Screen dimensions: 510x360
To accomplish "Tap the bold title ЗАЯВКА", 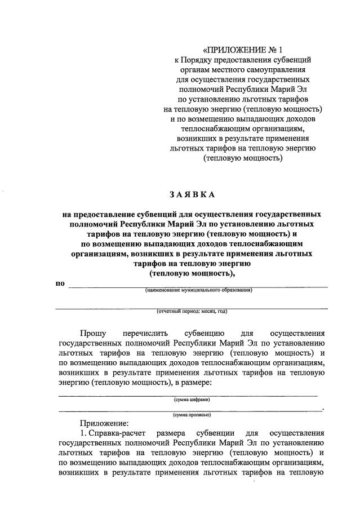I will (x=192, y=195).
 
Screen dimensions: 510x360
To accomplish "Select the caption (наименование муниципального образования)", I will (x=198, y=290).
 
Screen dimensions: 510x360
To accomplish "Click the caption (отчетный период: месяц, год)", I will (x=192, y=311).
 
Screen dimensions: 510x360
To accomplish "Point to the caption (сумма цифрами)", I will (x=192, y=400).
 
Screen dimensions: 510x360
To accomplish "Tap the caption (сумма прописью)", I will (x=192, y=414).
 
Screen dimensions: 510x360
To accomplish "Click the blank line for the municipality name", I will (x=198, y=286).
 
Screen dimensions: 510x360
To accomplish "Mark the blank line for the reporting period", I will (x=192, y=308).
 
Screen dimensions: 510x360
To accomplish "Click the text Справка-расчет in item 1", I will (x=117, y=433).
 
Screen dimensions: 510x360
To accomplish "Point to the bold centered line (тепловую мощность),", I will (x=192, y=273).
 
